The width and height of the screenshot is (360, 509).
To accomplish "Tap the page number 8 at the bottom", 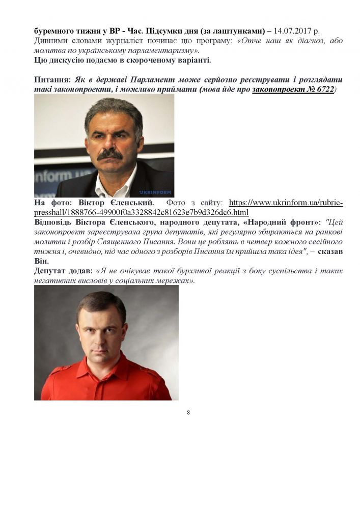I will (x=188, y=412).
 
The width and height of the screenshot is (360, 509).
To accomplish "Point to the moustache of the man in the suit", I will (x=109, y=153).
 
